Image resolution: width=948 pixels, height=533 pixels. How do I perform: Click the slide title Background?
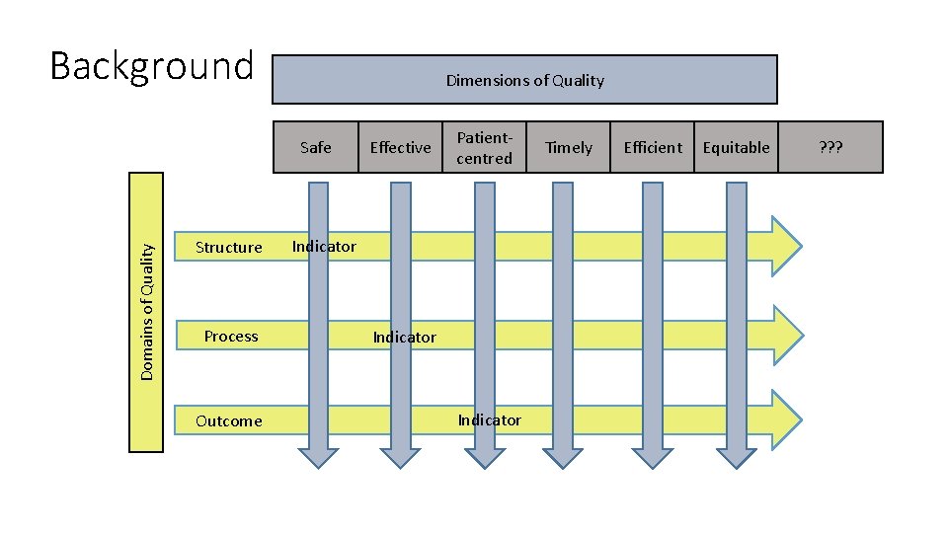tap(151, 67)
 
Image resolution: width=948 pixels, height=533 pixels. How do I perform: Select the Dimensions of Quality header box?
tap(524, 80)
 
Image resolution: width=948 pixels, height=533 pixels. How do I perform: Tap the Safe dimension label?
tap(316, 147)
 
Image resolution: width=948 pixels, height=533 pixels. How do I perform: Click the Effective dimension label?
tap(400, 147)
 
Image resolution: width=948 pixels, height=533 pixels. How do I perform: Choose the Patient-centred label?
tap(484, 147)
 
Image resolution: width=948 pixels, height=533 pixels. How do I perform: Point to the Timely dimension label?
tap(569, 147)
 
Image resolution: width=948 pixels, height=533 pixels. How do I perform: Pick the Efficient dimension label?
tap(653, 147)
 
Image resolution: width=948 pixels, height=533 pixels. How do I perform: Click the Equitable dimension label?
tap(736, 147)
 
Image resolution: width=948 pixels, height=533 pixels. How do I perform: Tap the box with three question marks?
tap(830, 147)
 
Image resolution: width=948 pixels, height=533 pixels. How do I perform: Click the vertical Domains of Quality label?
tap(146, 312)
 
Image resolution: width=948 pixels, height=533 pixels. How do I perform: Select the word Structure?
tap(229, 248)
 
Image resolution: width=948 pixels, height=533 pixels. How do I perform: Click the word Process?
tap(231, 337)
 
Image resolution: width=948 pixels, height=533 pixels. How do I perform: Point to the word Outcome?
tap(229, 421)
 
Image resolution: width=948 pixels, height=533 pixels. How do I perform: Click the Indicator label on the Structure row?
tap(324, 247)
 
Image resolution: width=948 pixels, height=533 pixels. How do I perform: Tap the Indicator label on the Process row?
tap(404, 338)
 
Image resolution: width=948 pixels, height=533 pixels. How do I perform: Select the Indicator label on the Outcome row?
tap(489, 420)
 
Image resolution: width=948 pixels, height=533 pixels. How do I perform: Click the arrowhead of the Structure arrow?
tap(786, 245)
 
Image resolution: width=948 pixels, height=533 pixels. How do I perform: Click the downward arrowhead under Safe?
tap(317, 457)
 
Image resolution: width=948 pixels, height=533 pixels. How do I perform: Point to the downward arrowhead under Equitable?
tap(737, 457)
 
